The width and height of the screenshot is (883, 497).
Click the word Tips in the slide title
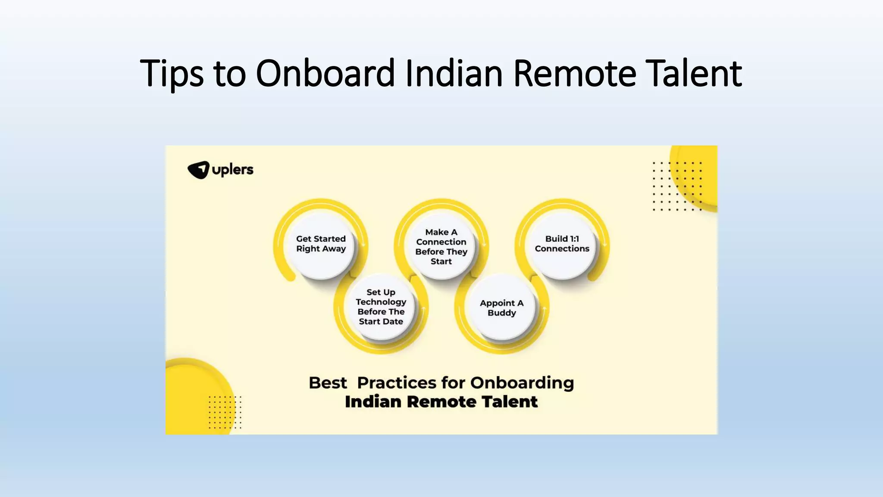tap(171, 73)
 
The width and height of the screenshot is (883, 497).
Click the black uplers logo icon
tap(198, 170)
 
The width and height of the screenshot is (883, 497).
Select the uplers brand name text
tap(233, 170)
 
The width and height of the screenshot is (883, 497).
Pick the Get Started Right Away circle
tap(321, 244)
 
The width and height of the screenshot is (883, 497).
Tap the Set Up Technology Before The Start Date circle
tap(381, 307)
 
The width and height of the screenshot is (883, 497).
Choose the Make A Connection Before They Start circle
tap(441, 246)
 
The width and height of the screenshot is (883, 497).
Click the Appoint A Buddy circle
tap(501, 308)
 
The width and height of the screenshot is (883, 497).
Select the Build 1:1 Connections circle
tap(562, 244)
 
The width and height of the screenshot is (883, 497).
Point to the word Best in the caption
tap(328, 383)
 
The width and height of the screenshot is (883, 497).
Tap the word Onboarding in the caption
tap(522, 383)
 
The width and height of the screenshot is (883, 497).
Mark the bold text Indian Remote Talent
tap(441, 402)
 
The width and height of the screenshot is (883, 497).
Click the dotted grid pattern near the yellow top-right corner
tap(677, 186)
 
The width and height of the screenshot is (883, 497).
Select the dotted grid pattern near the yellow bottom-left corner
tap(225, 412)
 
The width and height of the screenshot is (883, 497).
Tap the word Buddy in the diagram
tap(501, 313)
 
